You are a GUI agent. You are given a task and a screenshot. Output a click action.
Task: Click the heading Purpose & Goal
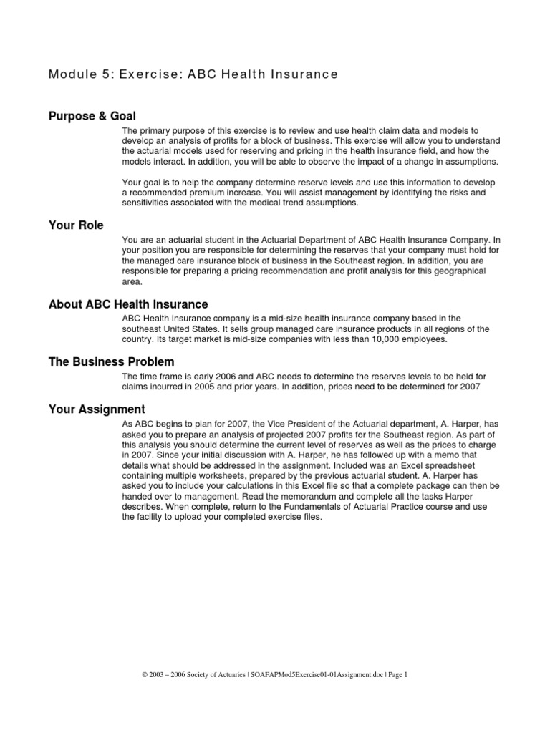92,116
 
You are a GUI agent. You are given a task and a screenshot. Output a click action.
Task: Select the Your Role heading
76,225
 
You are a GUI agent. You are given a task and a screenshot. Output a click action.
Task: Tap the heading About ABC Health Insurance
128,305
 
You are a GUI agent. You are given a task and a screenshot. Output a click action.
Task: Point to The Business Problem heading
111,362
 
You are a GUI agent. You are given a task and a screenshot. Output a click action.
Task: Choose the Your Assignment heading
97,409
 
